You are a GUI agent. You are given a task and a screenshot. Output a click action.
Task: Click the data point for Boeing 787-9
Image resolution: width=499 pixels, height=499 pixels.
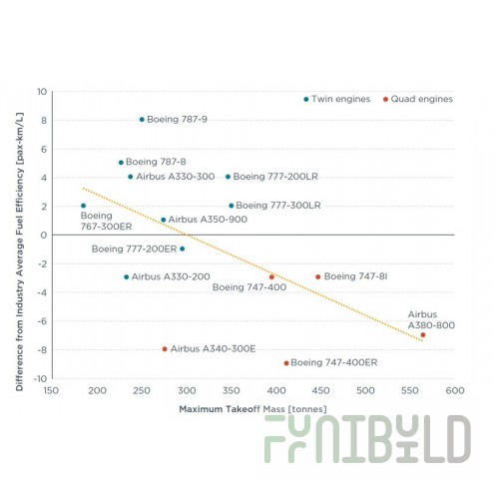click(x=142, y=120)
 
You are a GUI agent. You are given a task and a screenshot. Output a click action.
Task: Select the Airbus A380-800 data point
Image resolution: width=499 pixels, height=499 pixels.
click(x=423, y=335)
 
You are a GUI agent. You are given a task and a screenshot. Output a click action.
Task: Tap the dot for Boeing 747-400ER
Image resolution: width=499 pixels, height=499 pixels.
click(x=286, y=363)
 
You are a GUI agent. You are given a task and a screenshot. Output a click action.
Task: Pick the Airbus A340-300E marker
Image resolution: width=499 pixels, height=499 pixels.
click(x=165, y=349)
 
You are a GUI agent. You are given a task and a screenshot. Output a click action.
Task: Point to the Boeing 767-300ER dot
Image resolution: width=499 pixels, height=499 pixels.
click(x=83, y=206)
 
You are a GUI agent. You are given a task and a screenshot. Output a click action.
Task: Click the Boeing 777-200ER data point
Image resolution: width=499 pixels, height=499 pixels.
click(x=182, y=249)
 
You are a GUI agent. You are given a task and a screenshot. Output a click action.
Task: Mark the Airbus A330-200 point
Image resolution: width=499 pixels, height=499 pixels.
click(x=126, y=277)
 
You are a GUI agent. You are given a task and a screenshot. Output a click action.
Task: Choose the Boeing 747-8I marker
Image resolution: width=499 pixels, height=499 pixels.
click(x=318, y=276)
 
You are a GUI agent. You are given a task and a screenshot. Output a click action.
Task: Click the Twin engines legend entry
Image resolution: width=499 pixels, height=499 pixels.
click(x=337, y=99)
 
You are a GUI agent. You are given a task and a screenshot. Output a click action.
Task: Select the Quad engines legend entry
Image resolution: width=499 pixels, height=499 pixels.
click(x=418, y=99)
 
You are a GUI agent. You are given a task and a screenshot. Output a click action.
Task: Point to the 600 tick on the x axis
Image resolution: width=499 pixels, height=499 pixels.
click(x=455, y=390)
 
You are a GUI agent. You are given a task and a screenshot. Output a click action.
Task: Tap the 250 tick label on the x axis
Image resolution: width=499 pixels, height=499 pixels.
click(x=142, y=390)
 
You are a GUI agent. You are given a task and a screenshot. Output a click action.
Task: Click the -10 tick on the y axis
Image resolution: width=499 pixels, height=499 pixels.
click(x=40, y=378)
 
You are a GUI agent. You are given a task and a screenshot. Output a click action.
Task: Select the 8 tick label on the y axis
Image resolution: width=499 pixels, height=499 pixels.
click(x=44, y=121)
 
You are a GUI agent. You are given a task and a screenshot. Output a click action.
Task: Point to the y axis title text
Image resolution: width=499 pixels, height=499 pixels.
click(x=20, y=251)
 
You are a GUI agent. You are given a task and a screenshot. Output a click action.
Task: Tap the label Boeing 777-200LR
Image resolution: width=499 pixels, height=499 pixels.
click(x=275, y=177)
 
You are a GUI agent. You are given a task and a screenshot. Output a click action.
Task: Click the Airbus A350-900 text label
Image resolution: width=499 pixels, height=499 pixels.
click(x=208, y=220)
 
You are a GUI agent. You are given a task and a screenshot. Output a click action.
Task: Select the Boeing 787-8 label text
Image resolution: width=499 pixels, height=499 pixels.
click(x=156, y=162)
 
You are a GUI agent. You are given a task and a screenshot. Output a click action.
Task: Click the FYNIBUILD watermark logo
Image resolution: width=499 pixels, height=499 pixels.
click(x=367, y=439)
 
